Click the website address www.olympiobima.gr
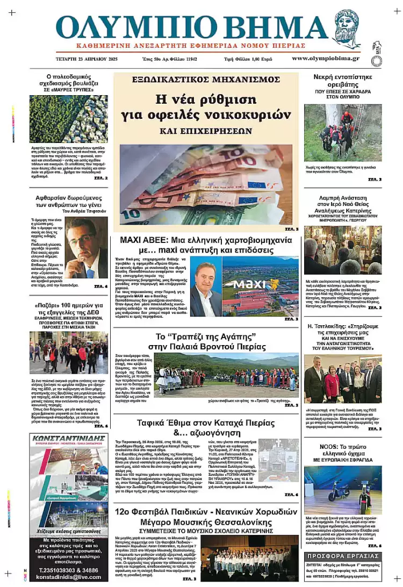tap(326, 58)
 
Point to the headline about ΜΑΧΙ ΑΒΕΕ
tap(206, 245)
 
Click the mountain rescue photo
tap(343, 132)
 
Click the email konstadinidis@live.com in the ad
tap(68, 577)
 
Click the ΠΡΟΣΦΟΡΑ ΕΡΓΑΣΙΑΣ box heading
tap(342, 555)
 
